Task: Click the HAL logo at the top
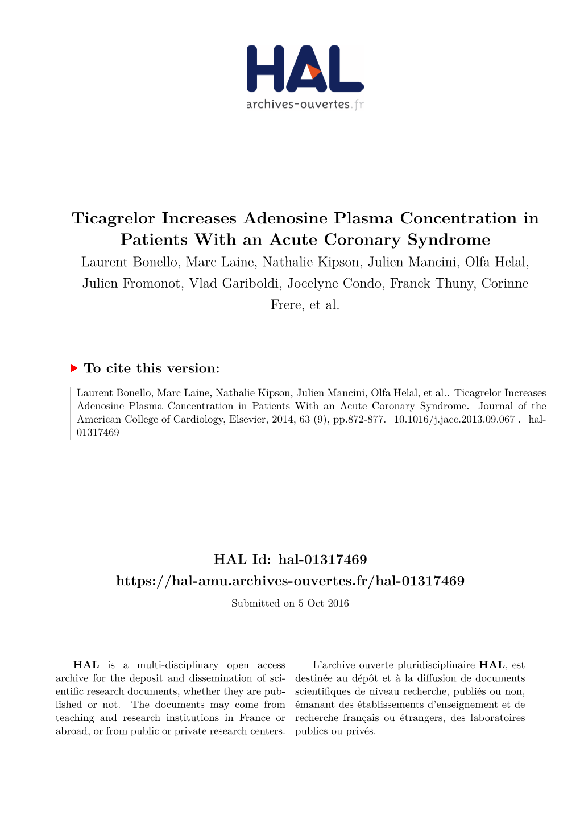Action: (305, 69)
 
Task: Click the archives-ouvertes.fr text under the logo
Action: (304, 104)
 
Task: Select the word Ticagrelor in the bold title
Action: (114, 218)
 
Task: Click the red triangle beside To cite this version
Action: (74, 368)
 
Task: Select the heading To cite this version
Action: (151, 368)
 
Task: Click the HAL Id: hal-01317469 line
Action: (290, 560)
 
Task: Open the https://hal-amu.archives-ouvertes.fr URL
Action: (290, 581)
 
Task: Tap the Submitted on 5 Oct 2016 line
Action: (290, 603)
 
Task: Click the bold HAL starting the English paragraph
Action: (86, 665)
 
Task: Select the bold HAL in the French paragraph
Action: (492, 665)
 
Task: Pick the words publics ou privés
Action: (335, 731)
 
